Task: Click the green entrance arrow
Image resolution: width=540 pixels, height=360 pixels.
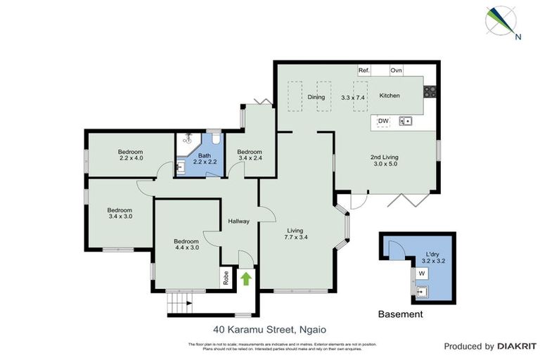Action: click(x=246, y=278)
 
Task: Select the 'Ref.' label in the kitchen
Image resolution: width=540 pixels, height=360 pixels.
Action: click(x=364, y=71)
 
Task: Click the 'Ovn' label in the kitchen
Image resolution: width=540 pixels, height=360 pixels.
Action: click(x=396, y=71)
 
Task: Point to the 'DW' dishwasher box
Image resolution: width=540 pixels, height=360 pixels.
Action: click(x=383, y=122)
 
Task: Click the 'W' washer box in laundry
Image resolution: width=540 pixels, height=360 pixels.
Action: click(x=422, y=273)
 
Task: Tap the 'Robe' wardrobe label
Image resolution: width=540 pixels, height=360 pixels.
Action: click(x=226, y=278)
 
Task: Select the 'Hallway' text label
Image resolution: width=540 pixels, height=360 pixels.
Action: click(x=239, y=221)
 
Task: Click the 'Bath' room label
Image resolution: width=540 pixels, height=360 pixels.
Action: click(x=205, y=156)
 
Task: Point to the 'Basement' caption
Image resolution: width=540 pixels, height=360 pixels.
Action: click(x=401, y=314)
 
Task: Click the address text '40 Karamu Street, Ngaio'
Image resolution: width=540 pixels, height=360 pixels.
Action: click(x=270, y=328)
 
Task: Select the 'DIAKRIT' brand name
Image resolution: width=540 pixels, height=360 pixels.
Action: click(x=517, y=346)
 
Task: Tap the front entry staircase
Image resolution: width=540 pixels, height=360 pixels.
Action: click(x=179, y=304)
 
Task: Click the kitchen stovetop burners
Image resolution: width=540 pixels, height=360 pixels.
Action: click(x=430, y=91)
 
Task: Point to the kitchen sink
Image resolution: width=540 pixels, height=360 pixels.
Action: click(x=406, y=122)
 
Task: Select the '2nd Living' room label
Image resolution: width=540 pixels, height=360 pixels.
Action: click(x=386, y=158)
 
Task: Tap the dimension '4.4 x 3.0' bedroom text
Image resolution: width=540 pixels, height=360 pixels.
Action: click(x=186, y=247)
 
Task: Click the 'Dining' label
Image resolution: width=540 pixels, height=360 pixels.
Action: click(x=316, y=97)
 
